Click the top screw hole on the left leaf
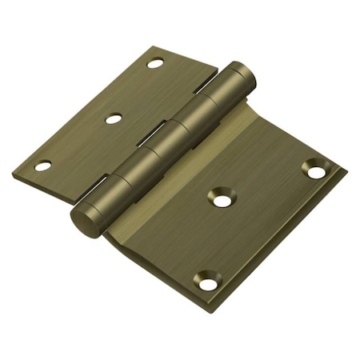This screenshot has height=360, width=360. click(155, 62)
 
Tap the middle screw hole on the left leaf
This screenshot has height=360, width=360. click(114, 118)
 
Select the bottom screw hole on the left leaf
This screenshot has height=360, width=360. click(43, 166)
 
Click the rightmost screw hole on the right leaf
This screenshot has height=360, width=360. click(317, 171)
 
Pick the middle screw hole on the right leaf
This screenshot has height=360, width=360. click(222, 199)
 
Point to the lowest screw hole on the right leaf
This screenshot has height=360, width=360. click(207, 283)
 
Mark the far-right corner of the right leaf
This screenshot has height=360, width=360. click(345, 170)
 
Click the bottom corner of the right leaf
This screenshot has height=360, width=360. click(214, 307)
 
